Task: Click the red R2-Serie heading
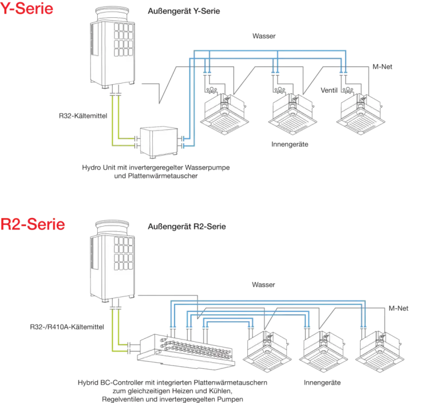pyautogui.click(x=33, y=223)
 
